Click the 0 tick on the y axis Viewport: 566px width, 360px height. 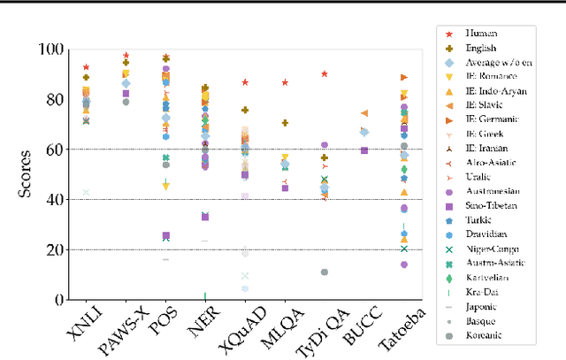(x=55, y=300)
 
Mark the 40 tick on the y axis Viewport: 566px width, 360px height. (x=50, y=200)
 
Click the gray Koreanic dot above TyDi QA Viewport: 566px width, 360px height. (x=325, y=272)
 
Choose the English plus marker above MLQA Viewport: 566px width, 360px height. (x=285, y=123)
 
